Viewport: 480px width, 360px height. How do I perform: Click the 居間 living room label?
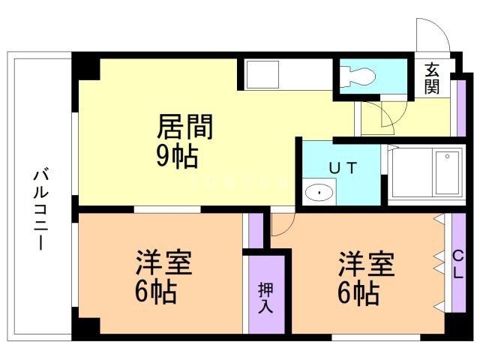(x=185, y=127)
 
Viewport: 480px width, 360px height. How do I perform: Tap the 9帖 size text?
(x=177, y=156)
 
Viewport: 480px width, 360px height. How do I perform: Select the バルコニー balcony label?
(x=41, y=209)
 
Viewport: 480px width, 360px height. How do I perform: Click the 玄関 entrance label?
(x=432, y=78)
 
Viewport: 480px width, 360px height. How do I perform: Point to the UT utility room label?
(x=343, y=168)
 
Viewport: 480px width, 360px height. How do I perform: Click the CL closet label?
(x=458, y=264)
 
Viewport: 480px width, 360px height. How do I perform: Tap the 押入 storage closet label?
(x=265, y=298)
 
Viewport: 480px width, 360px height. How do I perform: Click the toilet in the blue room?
(x=358, y=76)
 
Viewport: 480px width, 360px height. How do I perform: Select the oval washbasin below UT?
(x=319, y=193)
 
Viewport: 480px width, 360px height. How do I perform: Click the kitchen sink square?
(x=263, y=74)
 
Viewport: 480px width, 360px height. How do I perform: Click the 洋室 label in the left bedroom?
(x=163, y=262)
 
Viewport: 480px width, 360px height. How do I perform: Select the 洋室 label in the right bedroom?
(x=367, y=263)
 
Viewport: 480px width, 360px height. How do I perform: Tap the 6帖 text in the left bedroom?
(x=156, y=291)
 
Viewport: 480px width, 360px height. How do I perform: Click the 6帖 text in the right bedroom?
(x=358, y=292)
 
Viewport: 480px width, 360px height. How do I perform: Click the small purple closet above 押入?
(x=256, y=230)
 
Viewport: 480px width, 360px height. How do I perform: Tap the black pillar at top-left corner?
(x=86, y=66)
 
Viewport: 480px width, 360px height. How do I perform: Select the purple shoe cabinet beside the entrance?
(x=461, y=108)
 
